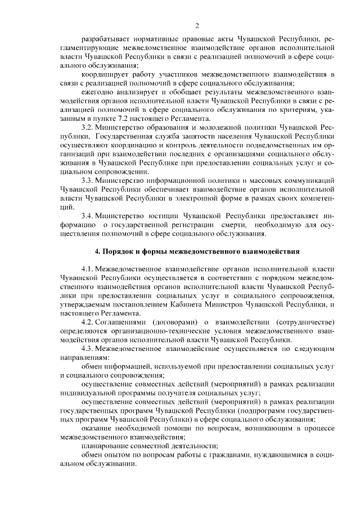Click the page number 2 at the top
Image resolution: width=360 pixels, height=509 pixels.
tap(197, 25)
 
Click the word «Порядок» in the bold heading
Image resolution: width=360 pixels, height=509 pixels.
tap(119, 251)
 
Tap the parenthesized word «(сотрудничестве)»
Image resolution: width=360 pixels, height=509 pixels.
tap(304, 321)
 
